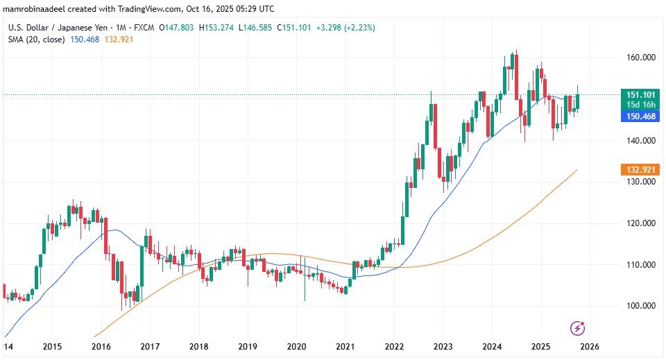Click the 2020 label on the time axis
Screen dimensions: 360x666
tap(296, 346)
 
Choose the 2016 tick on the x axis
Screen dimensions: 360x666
tap(101, 346)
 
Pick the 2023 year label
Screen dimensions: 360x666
tap(443, 346)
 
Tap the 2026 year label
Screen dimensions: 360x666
tap(590, 346)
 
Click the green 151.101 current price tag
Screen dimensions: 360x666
tap(638, 94)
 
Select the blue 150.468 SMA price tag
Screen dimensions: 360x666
tap(638, 117)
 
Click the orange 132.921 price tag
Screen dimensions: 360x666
tap(638, 170)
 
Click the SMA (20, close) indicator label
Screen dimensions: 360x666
tap(36, 40)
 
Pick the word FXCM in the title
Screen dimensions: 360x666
tap(142, 28)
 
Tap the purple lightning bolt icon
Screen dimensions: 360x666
tap(577, 327)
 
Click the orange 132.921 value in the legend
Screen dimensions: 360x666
tap(118, 40)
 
